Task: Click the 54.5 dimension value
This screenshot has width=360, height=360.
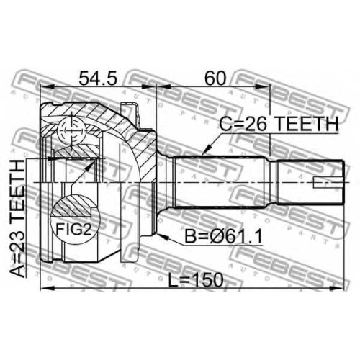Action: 98,78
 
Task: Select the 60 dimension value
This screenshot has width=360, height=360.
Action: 215,78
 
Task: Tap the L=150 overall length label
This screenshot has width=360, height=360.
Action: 196,280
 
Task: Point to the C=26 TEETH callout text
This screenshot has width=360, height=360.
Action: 279,124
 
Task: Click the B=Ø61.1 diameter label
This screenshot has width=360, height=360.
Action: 223,236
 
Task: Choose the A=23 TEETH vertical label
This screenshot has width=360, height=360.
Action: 17,218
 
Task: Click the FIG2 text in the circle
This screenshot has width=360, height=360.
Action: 73,229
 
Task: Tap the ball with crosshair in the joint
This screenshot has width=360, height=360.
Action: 71,131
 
